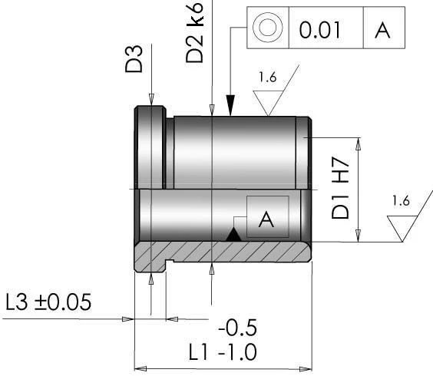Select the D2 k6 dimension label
[195, 35]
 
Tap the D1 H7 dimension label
[341, 189]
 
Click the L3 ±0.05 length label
[47, 302]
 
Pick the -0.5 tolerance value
[237, 328]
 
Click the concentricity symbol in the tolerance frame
[267, 29]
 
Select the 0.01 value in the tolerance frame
[321, 30]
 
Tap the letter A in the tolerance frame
[382, 30]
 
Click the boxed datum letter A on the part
[266, 219]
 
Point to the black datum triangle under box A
[234, 235]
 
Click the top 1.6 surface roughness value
[268, 77]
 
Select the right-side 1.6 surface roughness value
[401, 201]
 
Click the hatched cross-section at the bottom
[230, 252]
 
